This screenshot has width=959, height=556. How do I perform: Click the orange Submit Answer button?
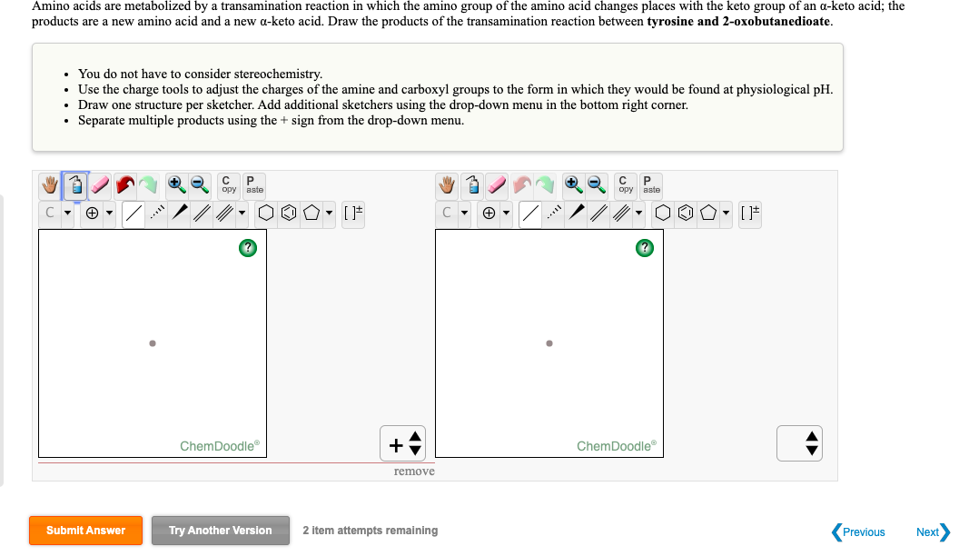[85, 531]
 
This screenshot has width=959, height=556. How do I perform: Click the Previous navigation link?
[858, 532]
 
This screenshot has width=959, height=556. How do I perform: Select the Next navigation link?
[933, 532]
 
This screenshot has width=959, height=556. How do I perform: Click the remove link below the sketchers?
[414, 471]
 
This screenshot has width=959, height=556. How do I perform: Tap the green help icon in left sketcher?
[248, 248]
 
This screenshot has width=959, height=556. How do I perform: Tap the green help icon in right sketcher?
[645, 248]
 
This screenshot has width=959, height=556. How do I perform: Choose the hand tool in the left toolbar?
[50, 184]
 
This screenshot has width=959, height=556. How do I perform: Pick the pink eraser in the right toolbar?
[497, 184]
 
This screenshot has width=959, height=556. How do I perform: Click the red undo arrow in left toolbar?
[124, 184]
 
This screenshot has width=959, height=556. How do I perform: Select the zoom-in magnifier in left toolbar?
[176, 184]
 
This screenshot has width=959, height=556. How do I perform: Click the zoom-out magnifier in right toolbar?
[597, 184]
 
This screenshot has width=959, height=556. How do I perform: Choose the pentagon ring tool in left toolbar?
[311, 213]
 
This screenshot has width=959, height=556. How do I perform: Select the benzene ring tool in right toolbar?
[686, 213]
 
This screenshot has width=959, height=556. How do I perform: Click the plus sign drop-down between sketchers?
[403, 443]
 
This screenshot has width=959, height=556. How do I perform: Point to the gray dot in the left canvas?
[153, 343]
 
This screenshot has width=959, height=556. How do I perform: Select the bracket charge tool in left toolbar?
[353, 213]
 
